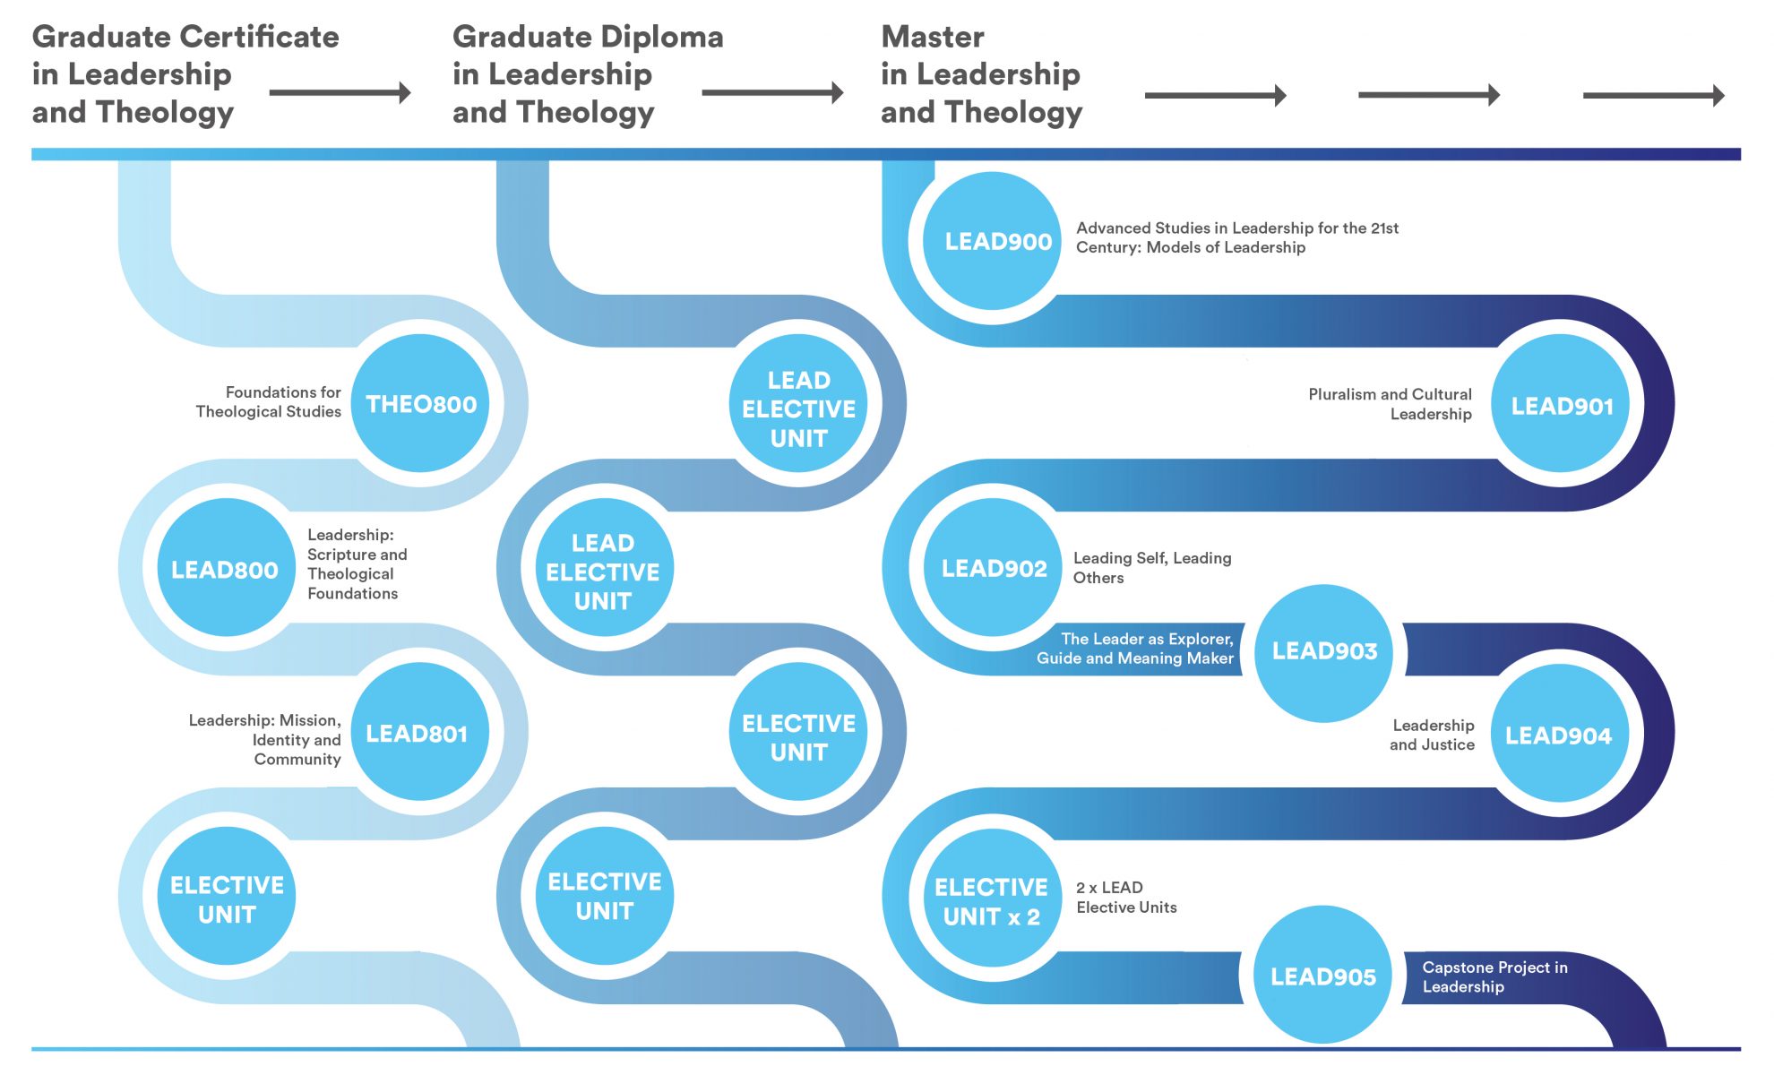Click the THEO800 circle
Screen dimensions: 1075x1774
420,404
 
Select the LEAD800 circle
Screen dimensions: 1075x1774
226,569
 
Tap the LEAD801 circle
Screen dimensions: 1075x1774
418,733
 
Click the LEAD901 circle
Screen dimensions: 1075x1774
1561,405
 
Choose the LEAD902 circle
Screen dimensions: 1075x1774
993,568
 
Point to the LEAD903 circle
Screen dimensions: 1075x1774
1323,652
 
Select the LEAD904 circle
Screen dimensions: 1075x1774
1560,735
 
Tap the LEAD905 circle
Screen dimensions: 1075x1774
1322,976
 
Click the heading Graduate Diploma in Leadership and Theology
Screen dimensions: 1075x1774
587,74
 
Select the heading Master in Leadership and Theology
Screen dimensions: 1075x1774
981,74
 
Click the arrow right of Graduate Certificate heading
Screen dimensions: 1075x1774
340,92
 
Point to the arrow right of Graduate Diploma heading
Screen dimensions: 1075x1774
772,92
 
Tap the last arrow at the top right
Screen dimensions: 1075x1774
1653,95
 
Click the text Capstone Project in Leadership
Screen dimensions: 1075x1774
1494,976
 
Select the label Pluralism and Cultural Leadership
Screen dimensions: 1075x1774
1390,404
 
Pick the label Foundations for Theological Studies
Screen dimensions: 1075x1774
269,401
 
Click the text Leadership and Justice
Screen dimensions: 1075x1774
1432,735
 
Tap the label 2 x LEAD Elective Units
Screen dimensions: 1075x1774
1125,898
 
